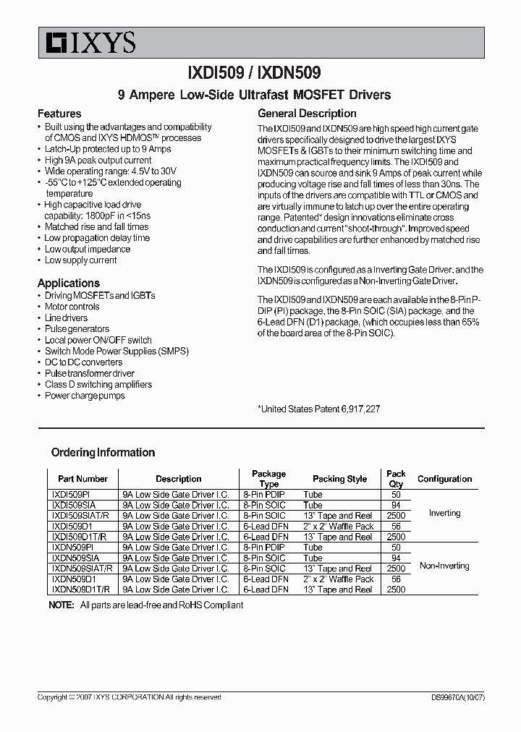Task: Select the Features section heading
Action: (59, 114)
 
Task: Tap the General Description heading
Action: (307, 114)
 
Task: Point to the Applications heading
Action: (69, 283)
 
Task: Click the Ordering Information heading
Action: (103, 453)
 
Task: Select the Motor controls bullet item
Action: (72, 307)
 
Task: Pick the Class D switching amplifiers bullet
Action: (98, 385)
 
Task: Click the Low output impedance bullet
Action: (87, 249)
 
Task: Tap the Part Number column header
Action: (82, 479)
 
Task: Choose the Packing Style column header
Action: (339, 479)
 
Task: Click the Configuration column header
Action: (444, 479)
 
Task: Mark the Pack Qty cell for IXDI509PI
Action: (396, 495)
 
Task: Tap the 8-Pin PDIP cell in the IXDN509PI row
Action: (265, 548)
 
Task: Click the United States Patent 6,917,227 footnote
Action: (318, 409)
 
